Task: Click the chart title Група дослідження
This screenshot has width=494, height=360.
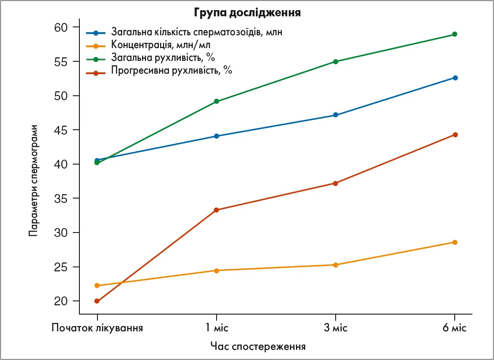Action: pyautogui.click(x=247, y=12)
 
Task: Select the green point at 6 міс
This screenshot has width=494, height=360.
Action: pyautogui.click(x=455, y=34)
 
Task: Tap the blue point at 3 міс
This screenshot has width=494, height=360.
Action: pyautogui.click(x=336, y=115)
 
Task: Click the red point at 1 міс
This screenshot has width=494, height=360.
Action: pyautogui.click(x=217, y=210)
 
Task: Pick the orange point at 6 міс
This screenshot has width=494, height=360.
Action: pyautogui.click(x=455, y=242)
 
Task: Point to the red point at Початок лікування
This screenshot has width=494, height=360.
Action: pyautogui.click(x=97, y=301)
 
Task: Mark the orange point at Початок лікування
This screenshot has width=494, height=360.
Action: pyautogui.click(x=97, y=285)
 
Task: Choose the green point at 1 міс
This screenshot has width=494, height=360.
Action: pyautogui.click(x=217, y=101)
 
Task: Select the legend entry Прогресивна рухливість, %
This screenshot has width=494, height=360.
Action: pyautogui.click(x=172, y=70)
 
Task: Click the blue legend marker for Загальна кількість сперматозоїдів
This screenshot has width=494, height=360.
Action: pyautogui.click(x=96, y=33)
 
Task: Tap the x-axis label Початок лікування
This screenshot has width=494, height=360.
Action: pyautogui.click(x=97, y=328)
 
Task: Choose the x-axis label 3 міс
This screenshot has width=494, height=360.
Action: pyautogui.click(x=336, y=328)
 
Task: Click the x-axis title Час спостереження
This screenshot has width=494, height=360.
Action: pyautogui.click(x=258, y=346)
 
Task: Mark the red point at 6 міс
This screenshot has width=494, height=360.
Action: pyautogui.click(x=455, y=135)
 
